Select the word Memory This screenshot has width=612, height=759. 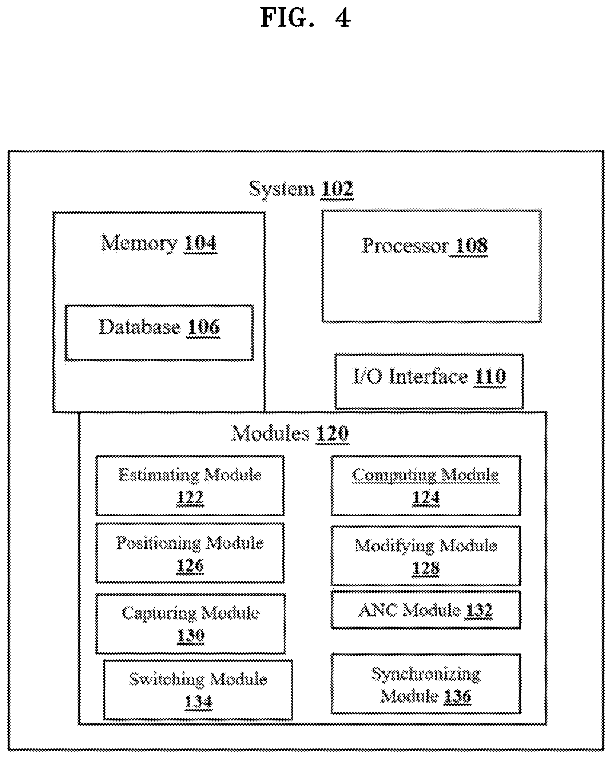(x=139, y=243)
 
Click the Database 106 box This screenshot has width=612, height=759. (x=159, y=333)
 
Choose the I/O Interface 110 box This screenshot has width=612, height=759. (x=429, y=381)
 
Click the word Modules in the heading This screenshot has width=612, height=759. (x=271, y=433)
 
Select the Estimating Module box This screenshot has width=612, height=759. (x=190, y=485)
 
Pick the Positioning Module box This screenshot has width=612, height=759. (x=190, y=553)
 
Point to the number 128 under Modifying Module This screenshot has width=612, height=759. (x=426, y=568)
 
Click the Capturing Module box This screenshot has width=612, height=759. (x=190, y=624)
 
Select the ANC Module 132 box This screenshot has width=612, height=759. (x=426, y=610)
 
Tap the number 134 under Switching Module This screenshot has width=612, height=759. (x=198, y=702)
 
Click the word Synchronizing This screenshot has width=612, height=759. (x=426, y=675)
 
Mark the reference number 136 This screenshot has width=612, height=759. (x=457, y=696)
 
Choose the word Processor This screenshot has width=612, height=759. (x=405, y=246)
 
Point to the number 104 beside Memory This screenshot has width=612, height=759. (x=200, y=243)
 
